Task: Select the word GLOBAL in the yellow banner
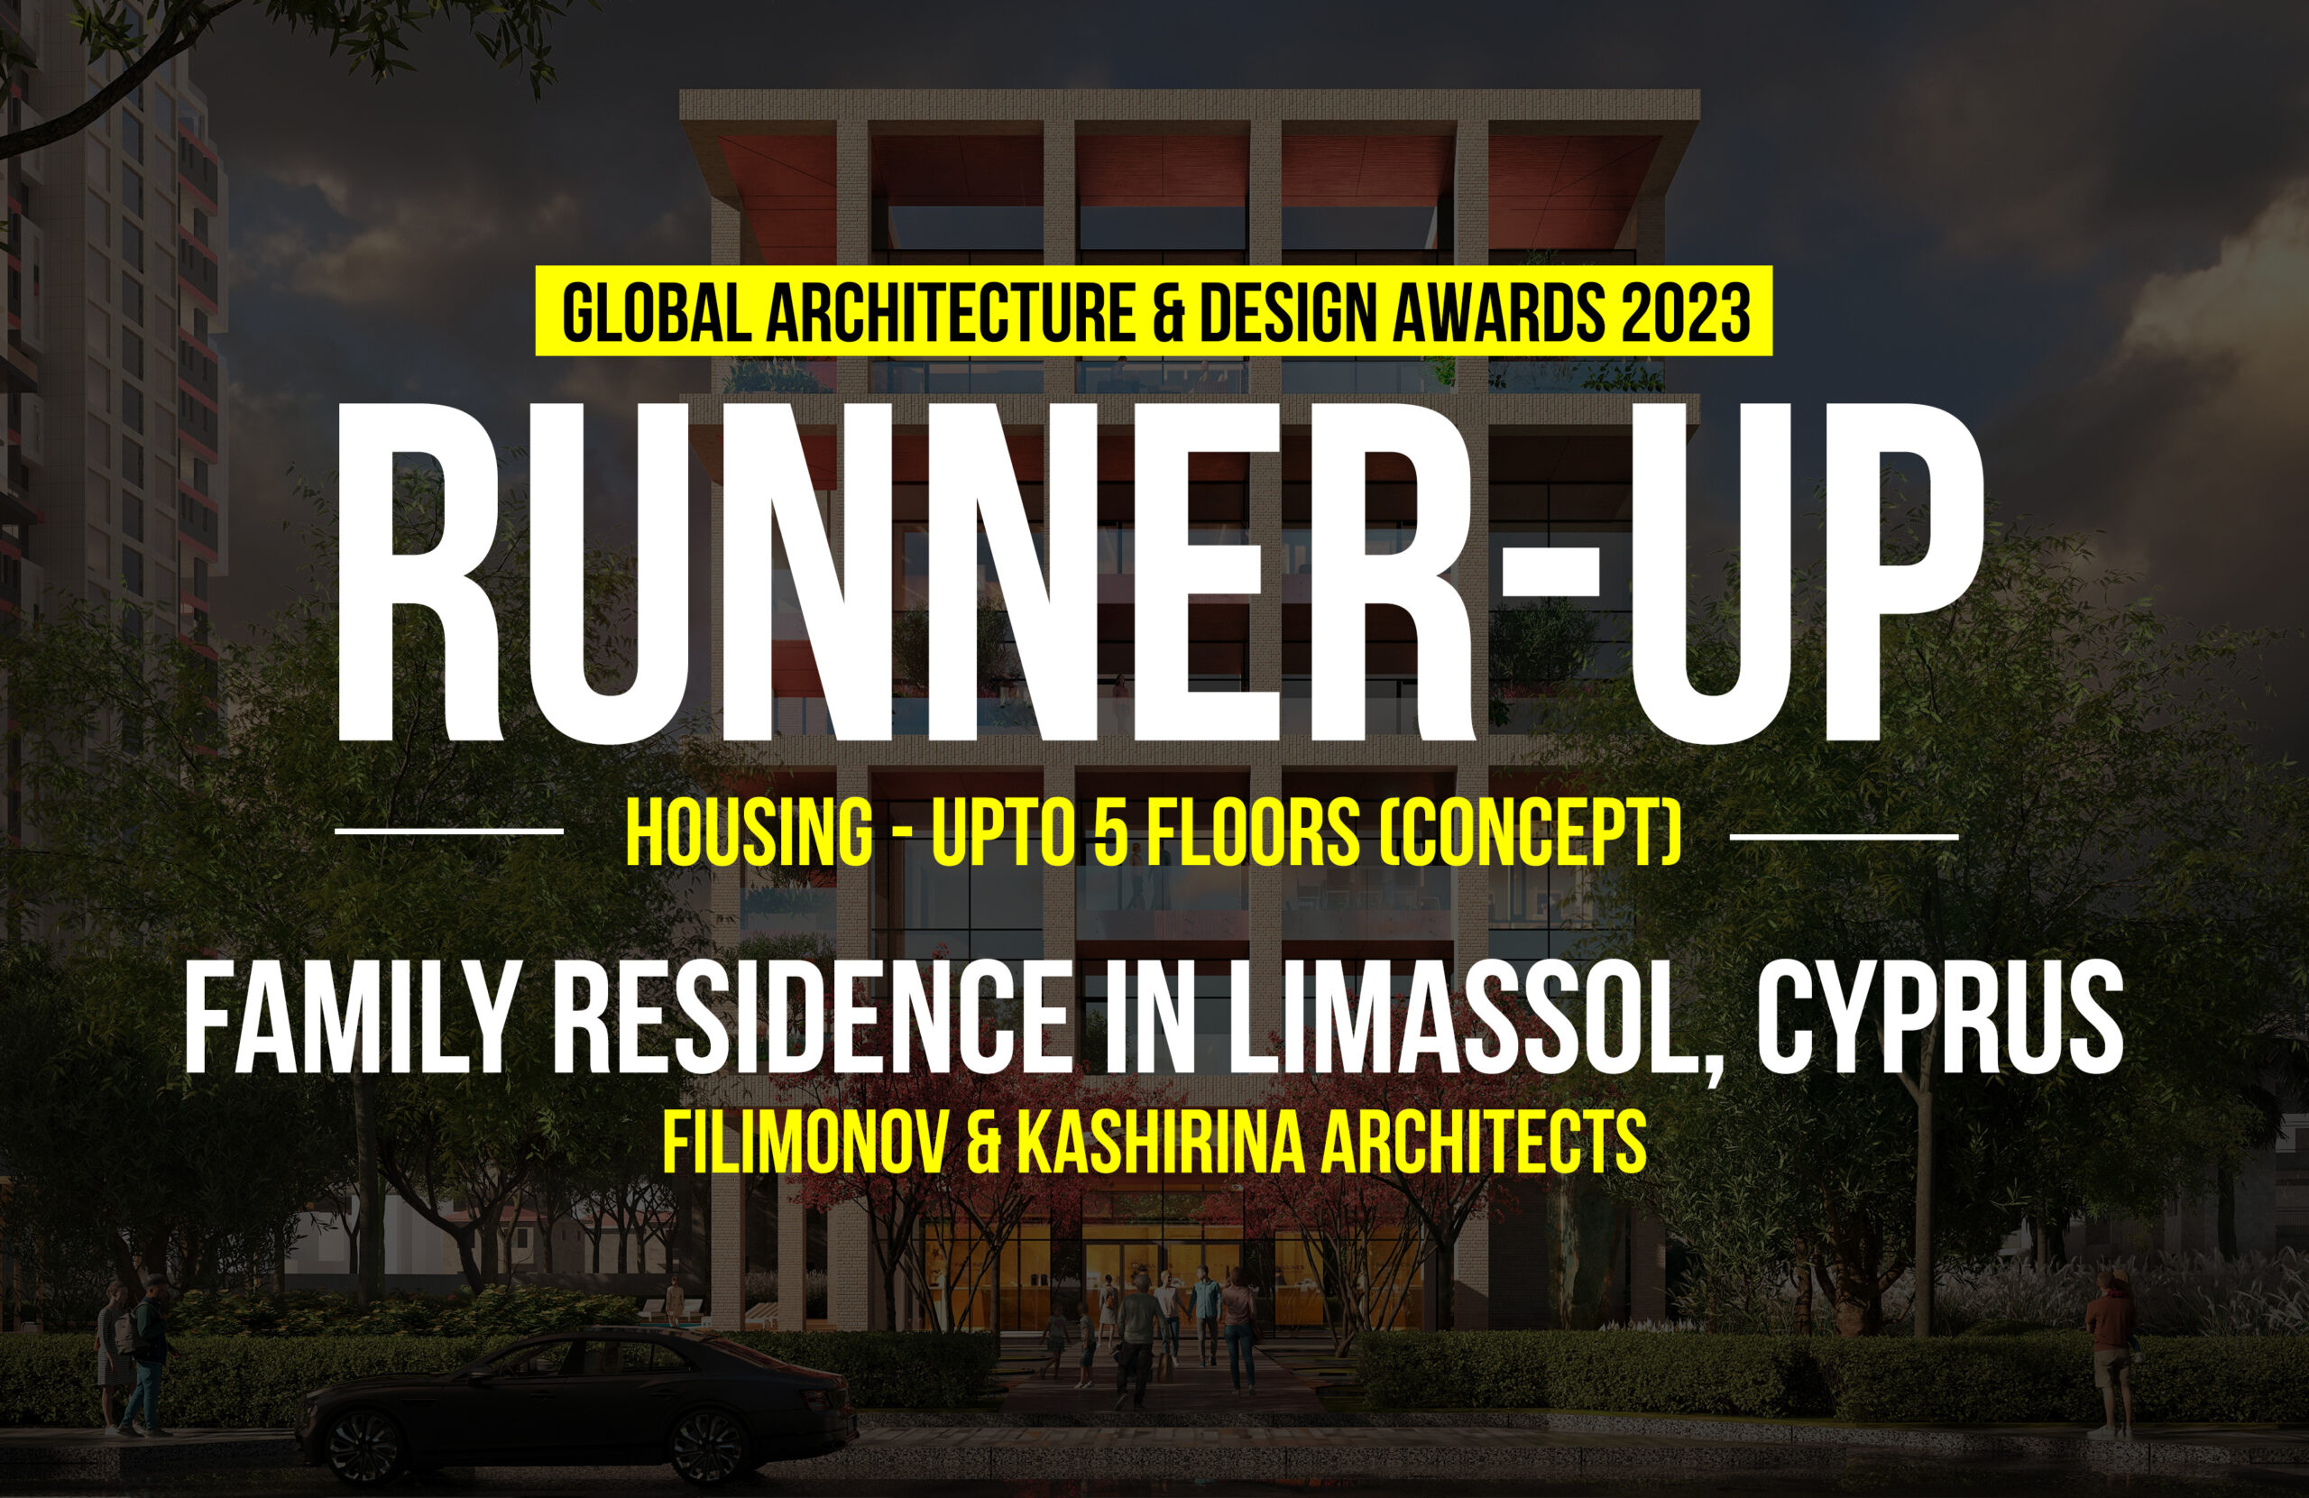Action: pyautogui.click(x=655, y=311)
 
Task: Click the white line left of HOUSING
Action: pyautogui.click(x=449, y=831)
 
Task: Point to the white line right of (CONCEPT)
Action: pyautogui.click(x=1844, y=833)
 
